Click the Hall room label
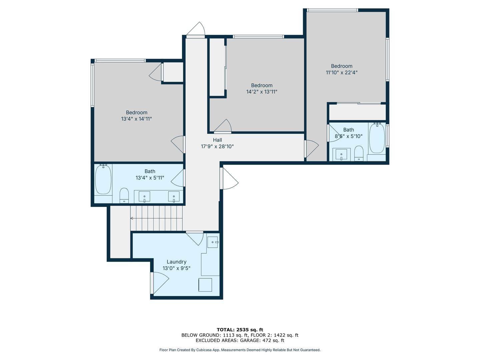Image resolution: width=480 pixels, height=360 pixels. coord(217,140)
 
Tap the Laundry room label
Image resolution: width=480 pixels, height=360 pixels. coord(176,262)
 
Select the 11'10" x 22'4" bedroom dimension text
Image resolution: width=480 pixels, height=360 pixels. coord(342,72)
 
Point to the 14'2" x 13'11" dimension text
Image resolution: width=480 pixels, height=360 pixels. coord(262,92)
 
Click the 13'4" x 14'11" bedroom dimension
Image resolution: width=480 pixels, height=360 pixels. coord(136,119)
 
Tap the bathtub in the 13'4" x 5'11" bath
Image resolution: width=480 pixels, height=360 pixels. coord(103,179)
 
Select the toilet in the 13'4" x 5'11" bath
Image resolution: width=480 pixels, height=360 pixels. coord(124,195)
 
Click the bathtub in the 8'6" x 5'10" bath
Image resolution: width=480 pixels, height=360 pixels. coord(377,138)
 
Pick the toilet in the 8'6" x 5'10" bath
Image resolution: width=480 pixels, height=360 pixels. coord(359,153)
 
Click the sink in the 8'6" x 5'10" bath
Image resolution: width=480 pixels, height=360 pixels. coord(341,154)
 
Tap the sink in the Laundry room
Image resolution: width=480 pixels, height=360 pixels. coord(213,242)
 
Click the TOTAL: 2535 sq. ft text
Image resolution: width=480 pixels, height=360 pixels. coord(240,330)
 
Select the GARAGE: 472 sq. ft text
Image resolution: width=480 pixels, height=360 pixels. coord(262,340)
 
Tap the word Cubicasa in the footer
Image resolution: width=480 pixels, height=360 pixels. coord(205,350)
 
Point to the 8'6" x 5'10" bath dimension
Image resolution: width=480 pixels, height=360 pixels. coord(349,136)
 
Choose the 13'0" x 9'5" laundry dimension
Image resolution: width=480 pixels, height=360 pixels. coord(176,268)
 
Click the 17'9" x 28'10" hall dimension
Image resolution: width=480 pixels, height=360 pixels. coord(217,146)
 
